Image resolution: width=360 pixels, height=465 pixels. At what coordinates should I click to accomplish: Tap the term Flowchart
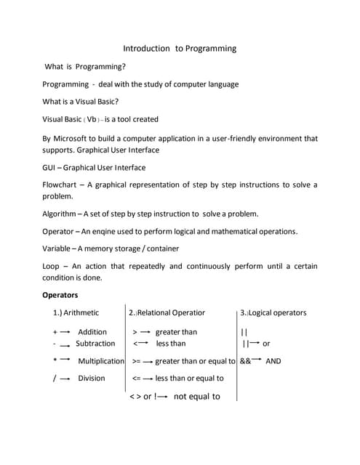[63, 185]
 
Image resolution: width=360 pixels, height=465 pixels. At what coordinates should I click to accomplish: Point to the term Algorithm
[60, 214]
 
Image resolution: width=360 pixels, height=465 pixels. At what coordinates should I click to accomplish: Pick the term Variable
[58, 248]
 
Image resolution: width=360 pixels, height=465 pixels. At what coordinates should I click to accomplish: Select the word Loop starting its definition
[52, 266]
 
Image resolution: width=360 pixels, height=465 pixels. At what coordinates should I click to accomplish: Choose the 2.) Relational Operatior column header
[167, 313]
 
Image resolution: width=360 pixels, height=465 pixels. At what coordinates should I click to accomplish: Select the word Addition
[92, 332]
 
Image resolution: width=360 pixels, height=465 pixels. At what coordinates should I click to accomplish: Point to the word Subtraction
[95, 344]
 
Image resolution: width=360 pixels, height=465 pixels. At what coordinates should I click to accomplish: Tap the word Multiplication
[101, 361]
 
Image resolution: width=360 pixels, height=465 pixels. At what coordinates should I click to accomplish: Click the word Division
[92, 378]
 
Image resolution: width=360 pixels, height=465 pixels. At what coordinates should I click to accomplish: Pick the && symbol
[245, 361]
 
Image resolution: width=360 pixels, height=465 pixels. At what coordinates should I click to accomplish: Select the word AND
[273, 361]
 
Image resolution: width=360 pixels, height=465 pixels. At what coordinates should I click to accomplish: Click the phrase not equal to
[196, 397]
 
